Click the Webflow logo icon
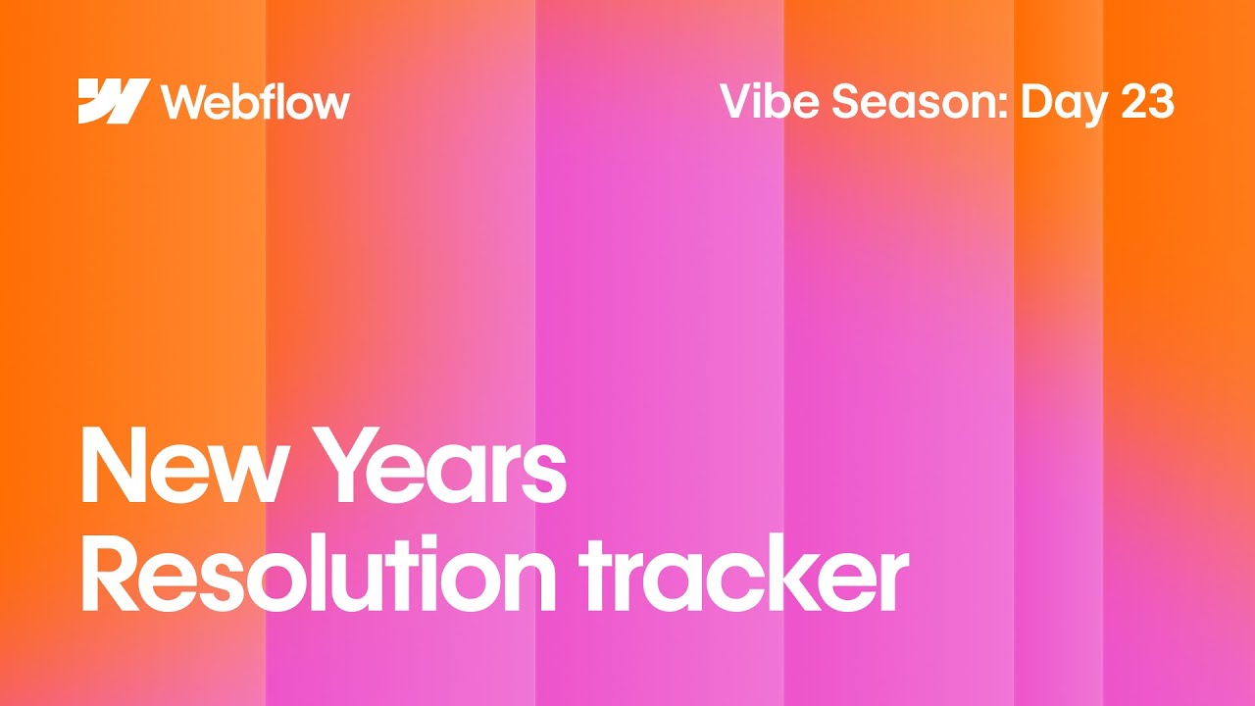(114, 101)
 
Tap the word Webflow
(256, 101)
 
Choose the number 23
(1147, 101)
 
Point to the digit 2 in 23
(1133, 101)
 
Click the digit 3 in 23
(1162, 101)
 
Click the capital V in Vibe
(736, 101)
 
